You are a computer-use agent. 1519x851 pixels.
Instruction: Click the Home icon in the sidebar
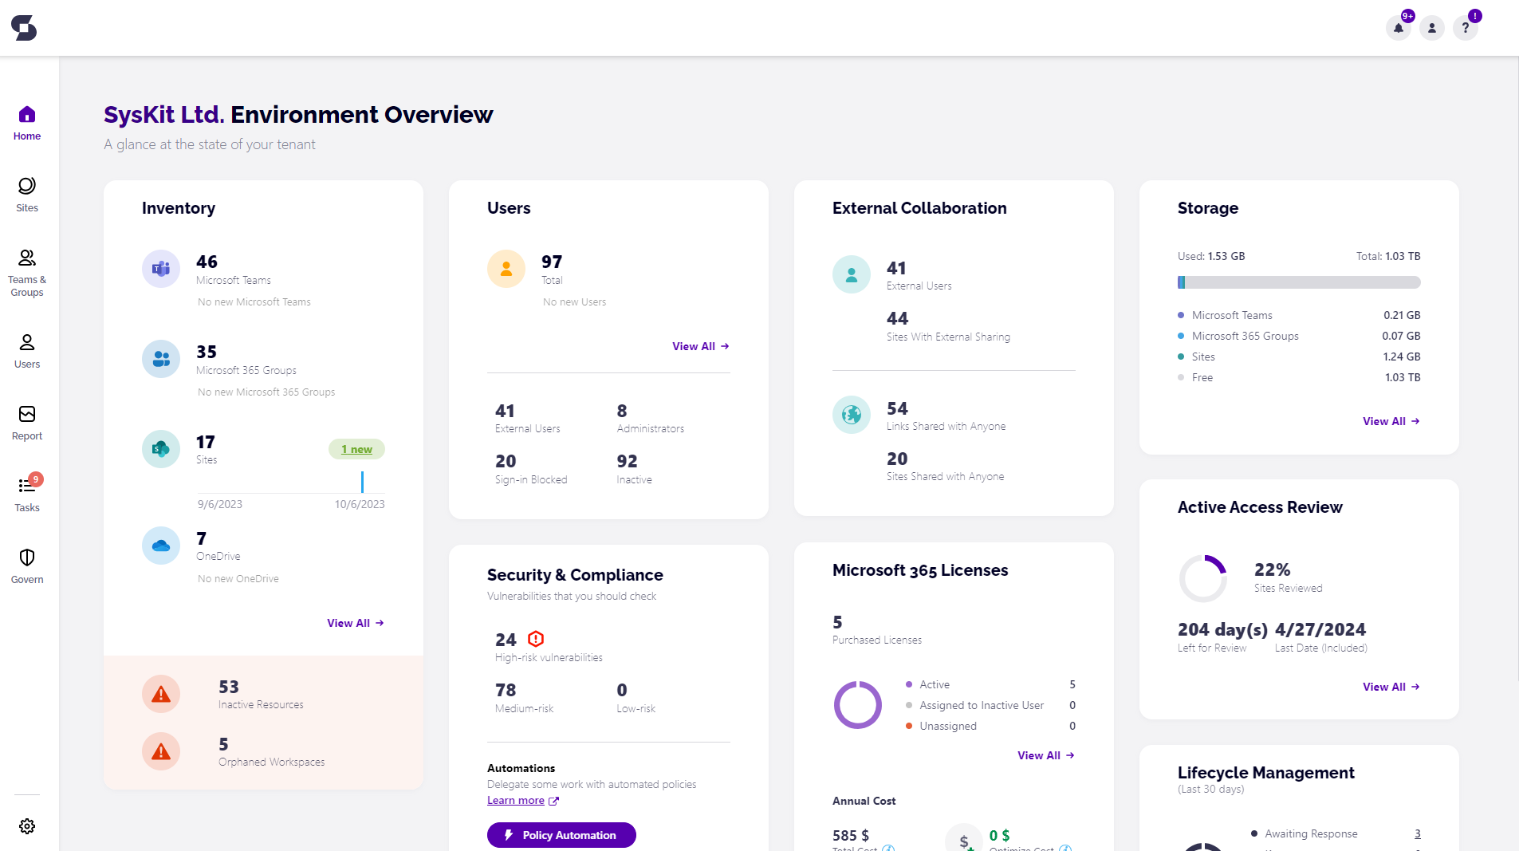[x=27, y=115]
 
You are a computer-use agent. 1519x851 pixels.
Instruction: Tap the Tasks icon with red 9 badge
[x=27, y=486]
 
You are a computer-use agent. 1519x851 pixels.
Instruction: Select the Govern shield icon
[x=27, y=557]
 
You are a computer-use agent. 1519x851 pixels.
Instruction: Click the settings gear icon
[x=27, y=826]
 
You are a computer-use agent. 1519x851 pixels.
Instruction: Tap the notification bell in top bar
[x=1399, y=28]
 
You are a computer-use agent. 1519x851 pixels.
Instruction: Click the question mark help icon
[x=1465, y=28]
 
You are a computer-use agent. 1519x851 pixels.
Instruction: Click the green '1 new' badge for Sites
[x=356, y=449]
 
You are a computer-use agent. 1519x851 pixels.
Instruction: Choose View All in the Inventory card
[x=355, y=623]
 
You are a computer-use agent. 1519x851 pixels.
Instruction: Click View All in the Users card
[x=700, y=346]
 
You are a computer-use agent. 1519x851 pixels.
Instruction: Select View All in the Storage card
[x=1391, y=421]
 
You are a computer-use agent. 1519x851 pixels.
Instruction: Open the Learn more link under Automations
[x=516, y=801]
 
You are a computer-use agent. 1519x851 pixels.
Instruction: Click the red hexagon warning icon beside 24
[x=536, y=639]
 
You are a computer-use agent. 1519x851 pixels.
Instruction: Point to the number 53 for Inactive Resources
[x=229, y=687]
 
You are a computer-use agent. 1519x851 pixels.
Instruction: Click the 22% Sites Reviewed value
[x=1272, y=569]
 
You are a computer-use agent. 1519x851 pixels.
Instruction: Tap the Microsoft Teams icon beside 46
[x=161, y=269]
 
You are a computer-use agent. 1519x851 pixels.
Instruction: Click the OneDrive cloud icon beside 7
[x=161, y=546]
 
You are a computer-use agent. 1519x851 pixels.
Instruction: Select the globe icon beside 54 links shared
[x=852, y=415]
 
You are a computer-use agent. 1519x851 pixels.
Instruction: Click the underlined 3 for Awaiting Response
[x=1417, y=833]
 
